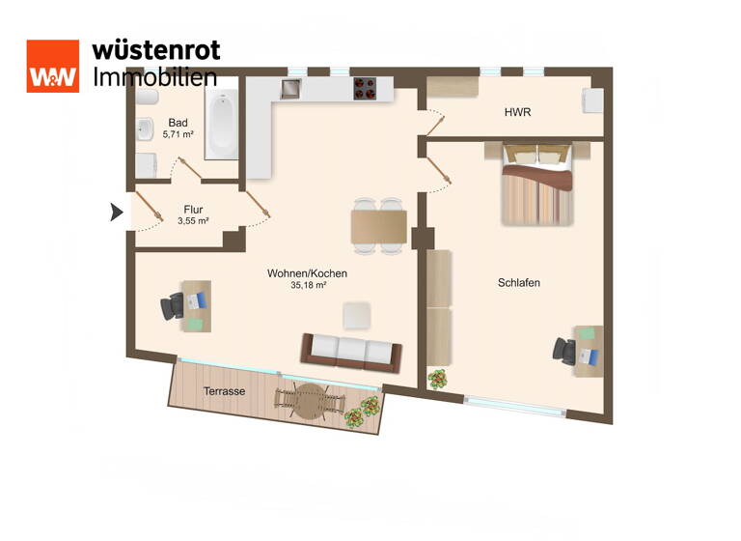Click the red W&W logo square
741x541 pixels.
pyautogui.click(x=52, y=67)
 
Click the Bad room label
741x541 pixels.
pyautogui.click(x=178, y=123)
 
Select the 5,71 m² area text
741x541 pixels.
pyautogui.click(x=178, y=135)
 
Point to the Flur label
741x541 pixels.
pyautogui.click(x=193, y=209)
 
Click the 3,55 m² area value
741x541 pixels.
pyautogui.click(x=193, y=221)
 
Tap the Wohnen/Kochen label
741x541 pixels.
pyautogui.click(x=307, y=274)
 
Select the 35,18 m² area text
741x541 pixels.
pyautogui.click(x=307, y=286)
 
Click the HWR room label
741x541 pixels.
pyautogui.click(x=517, y=113)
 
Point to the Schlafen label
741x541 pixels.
pyautogui.click(x=518, y=283)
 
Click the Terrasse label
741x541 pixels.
pyautogui.click(x=224, y=391)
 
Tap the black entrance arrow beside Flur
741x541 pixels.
pyautogui.click(x=118, y=212)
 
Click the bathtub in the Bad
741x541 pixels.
pyautogui.click(x=222, y=123)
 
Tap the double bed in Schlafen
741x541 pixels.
pyautogui.click(x=536, y=184)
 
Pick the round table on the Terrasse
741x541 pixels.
pyautogui.click(x=311, y=401)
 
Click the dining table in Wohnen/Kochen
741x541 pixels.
pyautogui.click(x=377, y=225)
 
